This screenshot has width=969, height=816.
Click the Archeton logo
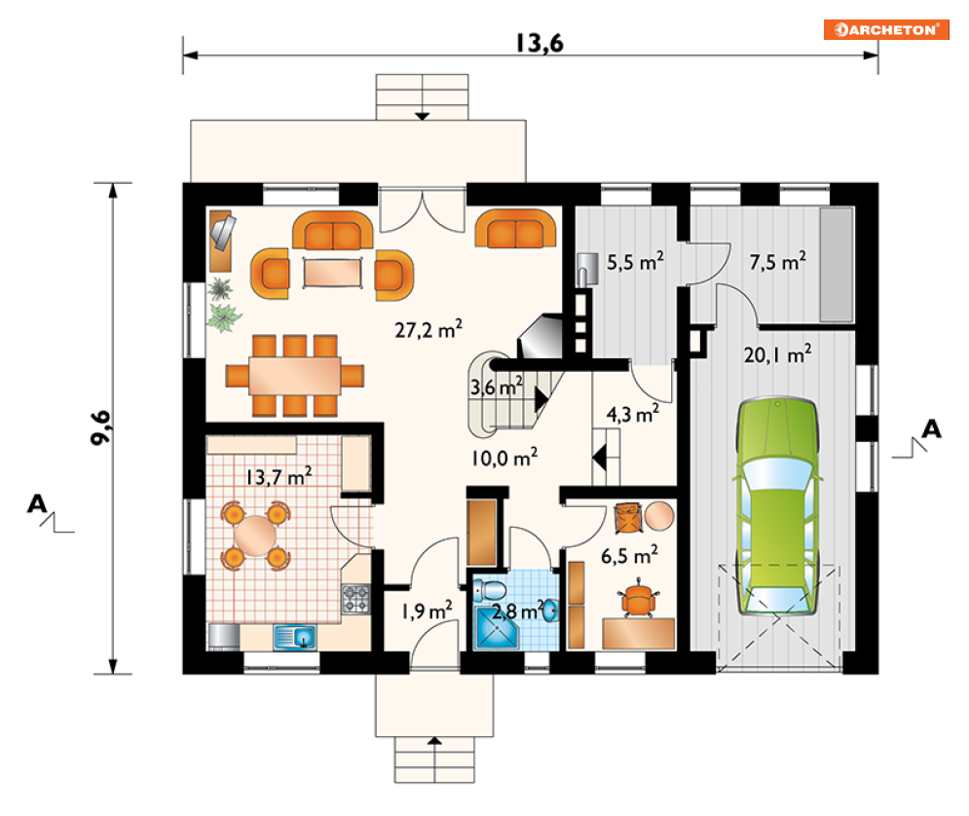(x=885, y=29)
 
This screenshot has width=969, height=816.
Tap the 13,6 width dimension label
(x=540, y=43)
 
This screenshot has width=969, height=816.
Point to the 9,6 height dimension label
(x=100, y=427)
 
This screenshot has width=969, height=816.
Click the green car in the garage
(x=777, y=506)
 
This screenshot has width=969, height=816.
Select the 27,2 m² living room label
(x=429, y=329)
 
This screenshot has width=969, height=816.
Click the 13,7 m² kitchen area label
(x=279, y=476)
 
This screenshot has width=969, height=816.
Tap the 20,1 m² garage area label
(x=777, y=354)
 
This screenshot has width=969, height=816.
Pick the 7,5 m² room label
(x=777, y=262)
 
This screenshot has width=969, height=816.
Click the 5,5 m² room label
(x=635, y=262)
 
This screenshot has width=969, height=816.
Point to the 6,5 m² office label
(x=629, y=555)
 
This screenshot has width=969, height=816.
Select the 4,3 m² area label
(x=633, y=414)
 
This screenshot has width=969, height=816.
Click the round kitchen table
(x=255, y=535)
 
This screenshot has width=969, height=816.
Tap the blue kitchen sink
(x=295, y=637)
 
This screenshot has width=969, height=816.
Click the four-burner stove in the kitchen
(x=356, y=599)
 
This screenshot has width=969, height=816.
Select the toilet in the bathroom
(x=490, y=590)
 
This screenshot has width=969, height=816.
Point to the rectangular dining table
(x=295, y=376)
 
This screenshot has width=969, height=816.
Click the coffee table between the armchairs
(x=332, y=273)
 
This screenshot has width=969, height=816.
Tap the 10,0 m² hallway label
(x=504, y=458)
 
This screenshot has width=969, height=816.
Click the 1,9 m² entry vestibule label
(x=427, y=611)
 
